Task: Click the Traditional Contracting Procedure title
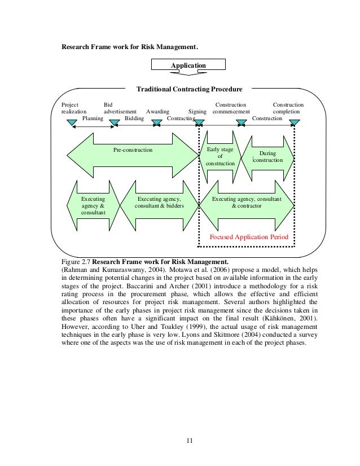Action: pyautogui.click(x=190, y=90)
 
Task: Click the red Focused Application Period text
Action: pyautogui.click(x=249, y=238)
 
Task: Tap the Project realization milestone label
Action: pyautogui.click(x=73, y=108)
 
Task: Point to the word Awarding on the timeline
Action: pyautogui.click(x=157, y=112)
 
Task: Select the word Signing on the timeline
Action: pyautogui.click(x=197, y=112)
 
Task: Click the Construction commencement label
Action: pyautogui.click(x=231, y=108)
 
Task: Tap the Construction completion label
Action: pyautogui.click(x=288, y=108)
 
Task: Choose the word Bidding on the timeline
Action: pyautogui.click(x=134, y=118)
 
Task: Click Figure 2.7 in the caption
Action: pyautogui.click(x=75, y=261)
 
